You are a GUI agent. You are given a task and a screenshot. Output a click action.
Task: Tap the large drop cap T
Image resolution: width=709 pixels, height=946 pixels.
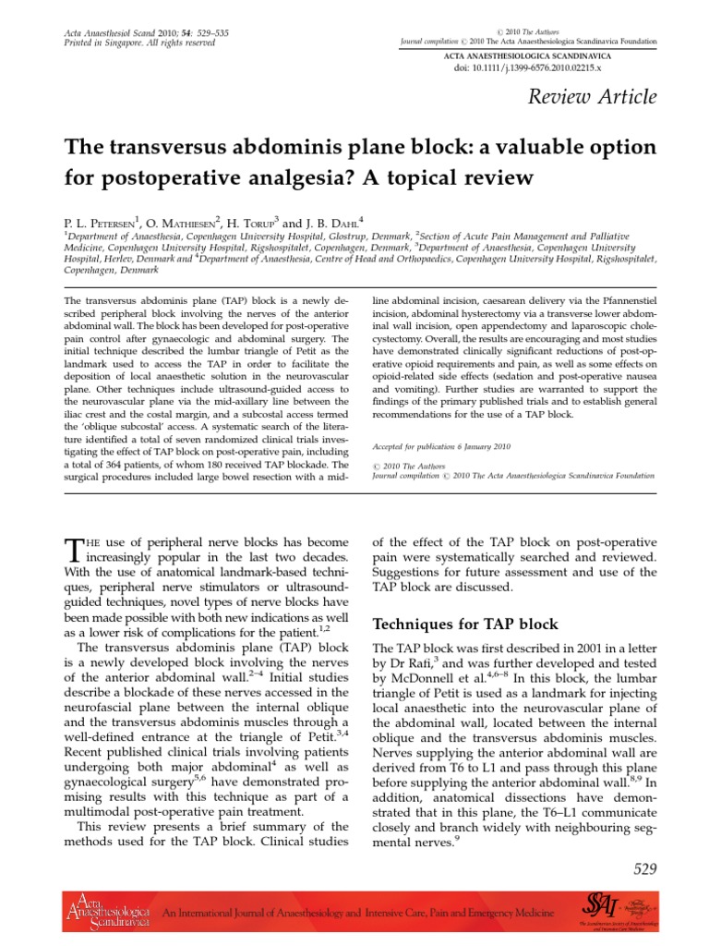tap(73, 552)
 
